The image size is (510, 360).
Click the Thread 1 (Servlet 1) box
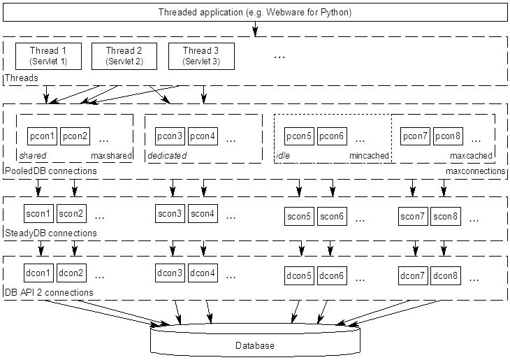[x=48, y=56]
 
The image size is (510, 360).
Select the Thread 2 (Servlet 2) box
[x=124, y=56]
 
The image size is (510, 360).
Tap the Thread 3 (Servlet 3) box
[x=201, y=56]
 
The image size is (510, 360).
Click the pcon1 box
[x=43, y=136]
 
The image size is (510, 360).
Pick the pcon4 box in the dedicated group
[x=203, y=136]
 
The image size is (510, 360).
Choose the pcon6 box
[x=332, y=136]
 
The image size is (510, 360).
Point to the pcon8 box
[x=448, y=136]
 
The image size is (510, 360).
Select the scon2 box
[x=71, y=213]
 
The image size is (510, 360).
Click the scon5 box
[x=299, y=217]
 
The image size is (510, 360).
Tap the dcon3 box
[x=170, y=273]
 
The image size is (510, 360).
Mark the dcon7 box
[x=413, y=275]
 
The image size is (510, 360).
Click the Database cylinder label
[x=255, y=345]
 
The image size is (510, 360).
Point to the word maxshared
[x=111, y=156]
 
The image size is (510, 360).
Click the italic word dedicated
[x=167, y=156]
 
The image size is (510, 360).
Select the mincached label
[x=369, y=156]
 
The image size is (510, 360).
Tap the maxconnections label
[x=475, y=171]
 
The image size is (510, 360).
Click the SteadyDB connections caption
[x=51, y=233]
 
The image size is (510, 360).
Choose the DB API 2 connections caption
[x=49, y=292]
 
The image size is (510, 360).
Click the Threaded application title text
[x=255, y=13]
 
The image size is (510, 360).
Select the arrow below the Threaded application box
[x=255, y=29]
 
